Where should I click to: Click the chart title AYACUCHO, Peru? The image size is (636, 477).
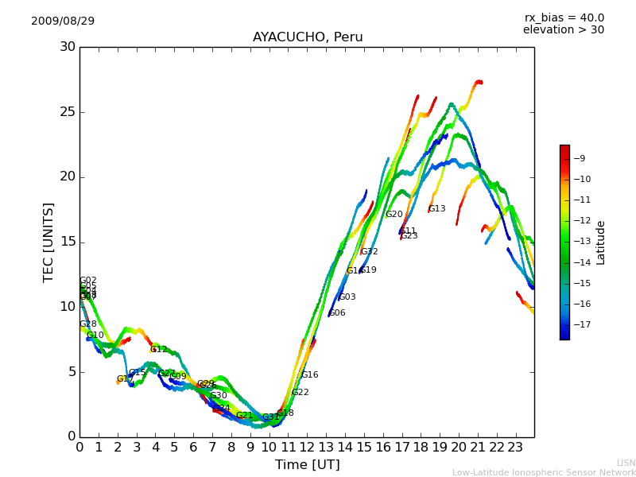pos(308,37)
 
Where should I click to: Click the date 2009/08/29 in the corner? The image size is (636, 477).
pos(63,21)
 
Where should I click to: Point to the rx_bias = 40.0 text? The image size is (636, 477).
pos(564,17)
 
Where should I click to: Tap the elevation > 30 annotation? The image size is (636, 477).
pos(563,30)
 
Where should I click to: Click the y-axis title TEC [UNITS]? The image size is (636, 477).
pos(49,242)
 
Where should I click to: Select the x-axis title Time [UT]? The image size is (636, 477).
pos(307,465)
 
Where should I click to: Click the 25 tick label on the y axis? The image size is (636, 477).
pos(68,112)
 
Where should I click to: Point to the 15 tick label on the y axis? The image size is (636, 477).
pos(68,242)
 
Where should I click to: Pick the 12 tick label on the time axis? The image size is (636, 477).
pos(307,447)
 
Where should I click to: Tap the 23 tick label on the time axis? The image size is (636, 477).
pos(515,447)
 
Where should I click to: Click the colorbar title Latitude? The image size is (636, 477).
pos(601,242)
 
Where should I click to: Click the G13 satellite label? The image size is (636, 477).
pos(436,209)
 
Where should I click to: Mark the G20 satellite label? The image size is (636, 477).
pos(394,215)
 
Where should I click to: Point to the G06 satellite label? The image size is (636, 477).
pos(337,313)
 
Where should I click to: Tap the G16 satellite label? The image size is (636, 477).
pos(309,375)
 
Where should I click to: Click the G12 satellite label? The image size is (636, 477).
pos(159,350)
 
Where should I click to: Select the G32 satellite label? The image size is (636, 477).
pos(369,252)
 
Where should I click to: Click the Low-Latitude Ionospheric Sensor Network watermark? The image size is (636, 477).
pos(544,472)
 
